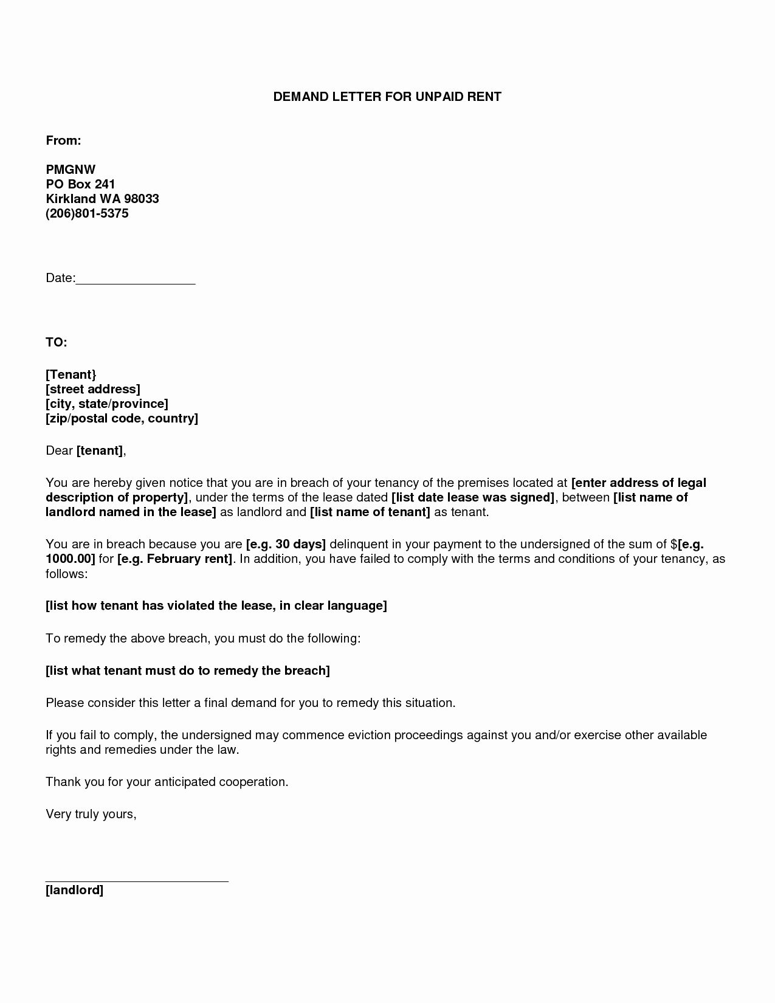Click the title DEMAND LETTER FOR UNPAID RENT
(x=387, y=97)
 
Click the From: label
(x=63, y=140)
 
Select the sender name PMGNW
(x=71, y=170)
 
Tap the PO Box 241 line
(x=80, y=184)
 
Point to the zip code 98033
(x=141, y=199)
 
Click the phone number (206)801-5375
(x=87, y=213)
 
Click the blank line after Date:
(x=136, y=281)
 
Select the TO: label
(x=56, y=342)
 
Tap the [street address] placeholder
(x=92, y=389)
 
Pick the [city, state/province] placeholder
(x=106, y=404)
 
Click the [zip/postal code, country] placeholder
(x=122, y=418)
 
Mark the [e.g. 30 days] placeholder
(x=286, y=544)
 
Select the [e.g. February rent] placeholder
(x=175, y=559)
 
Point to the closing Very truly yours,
(x=91, y=814)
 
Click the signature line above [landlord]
(x=137, y=880)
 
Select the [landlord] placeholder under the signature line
(x=74, y=891)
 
